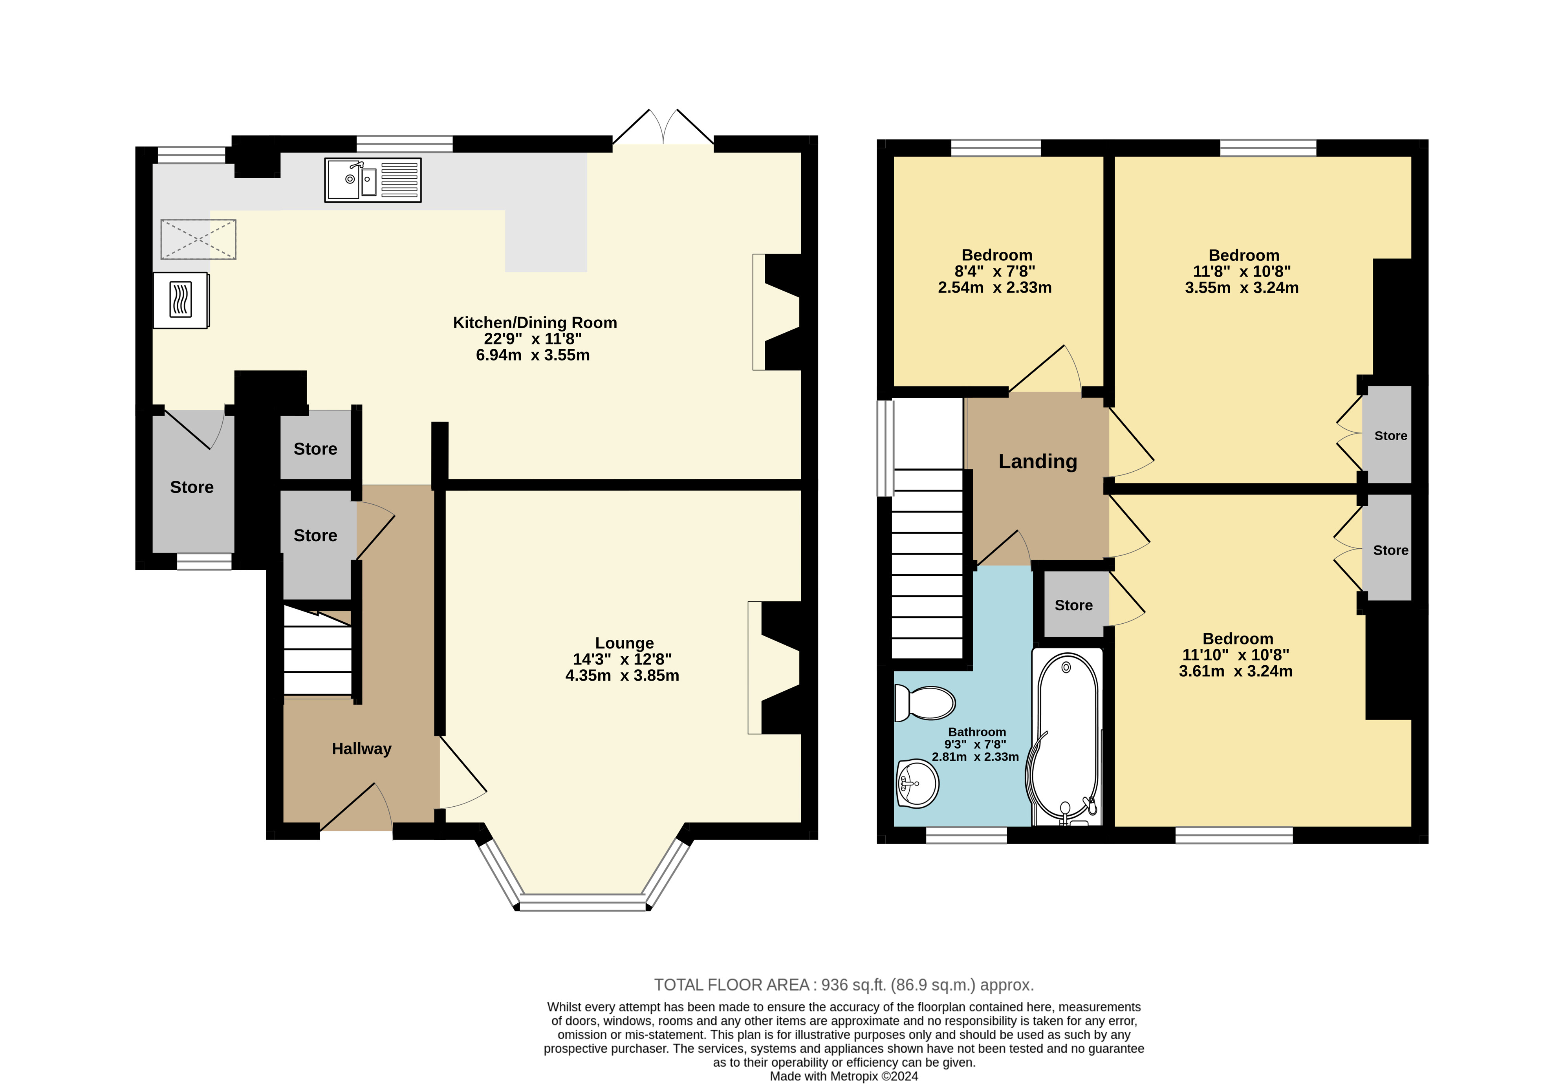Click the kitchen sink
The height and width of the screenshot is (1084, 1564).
(373, 180)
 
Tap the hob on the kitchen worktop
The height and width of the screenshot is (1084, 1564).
(181, 300)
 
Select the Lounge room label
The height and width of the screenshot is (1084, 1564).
(624, 643)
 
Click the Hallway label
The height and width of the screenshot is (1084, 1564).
(361, 749)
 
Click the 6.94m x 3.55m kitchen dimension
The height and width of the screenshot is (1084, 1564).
(533, 355)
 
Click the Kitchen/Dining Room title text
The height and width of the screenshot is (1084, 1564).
(535, 322)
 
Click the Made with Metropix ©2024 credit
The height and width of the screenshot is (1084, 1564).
(843, 1076)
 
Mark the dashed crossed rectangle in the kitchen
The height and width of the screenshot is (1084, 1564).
(198, 239)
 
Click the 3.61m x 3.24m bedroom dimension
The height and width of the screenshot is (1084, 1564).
(1235, 671)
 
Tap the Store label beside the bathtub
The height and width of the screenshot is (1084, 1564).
(1074, 605)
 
